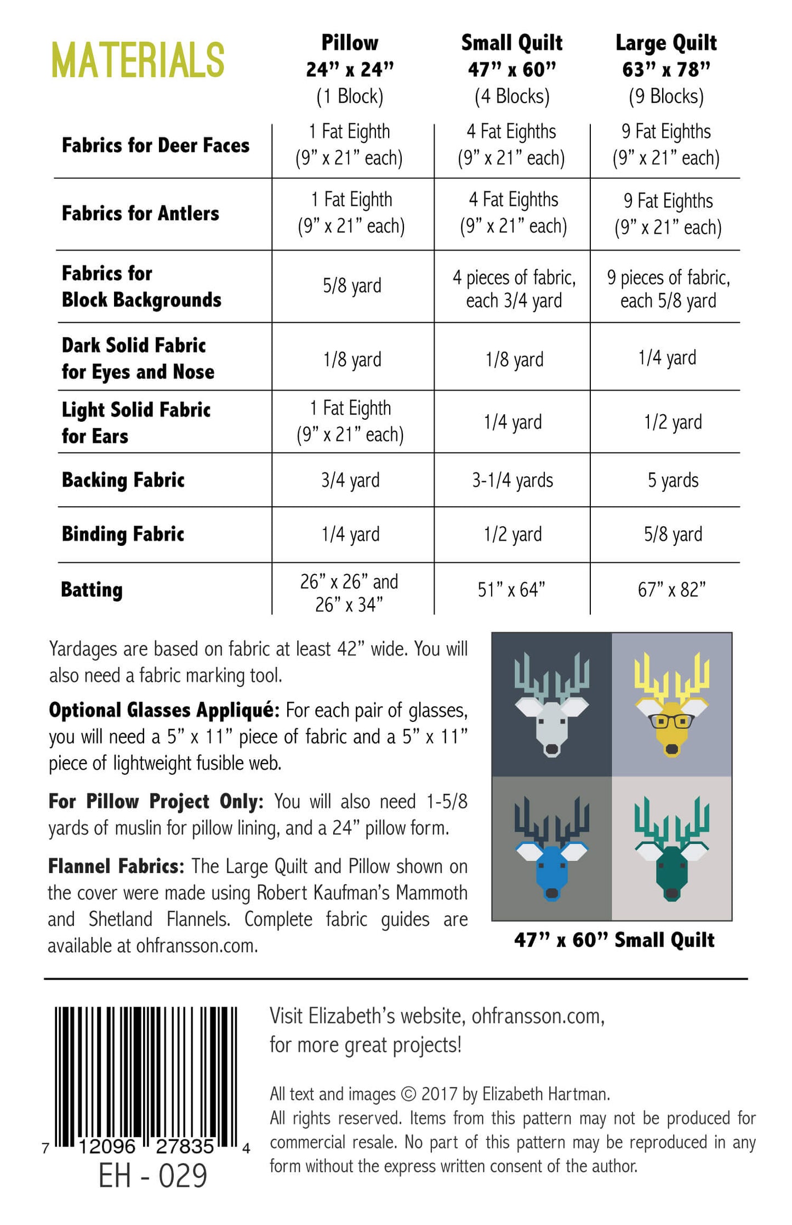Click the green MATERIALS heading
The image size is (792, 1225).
tap(138, 60)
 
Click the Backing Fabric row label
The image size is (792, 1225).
tap(123, 480)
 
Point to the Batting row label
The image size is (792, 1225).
tap(92, 590)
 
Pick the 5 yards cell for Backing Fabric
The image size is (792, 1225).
tap(673, 481)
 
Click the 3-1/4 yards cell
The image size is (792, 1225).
tap(512, 481)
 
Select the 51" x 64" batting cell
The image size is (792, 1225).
tap(511, 590)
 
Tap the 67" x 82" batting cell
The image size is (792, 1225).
tap(671, 590)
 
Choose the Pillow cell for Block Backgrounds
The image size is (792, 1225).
tap(352, 286)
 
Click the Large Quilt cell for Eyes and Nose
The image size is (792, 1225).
tap(667, 358)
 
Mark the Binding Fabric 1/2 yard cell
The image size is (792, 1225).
tap(512, 534)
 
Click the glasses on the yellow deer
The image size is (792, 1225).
tap(671, 721)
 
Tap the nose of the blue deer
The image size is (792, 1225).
tap(552, 893)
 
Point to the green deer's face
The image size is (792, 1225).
tap(671, 872)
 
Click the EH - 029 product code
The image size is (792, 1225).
tap(152, 1176)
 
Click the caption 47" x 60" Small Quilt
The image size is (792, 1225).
tap(614, 940)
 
